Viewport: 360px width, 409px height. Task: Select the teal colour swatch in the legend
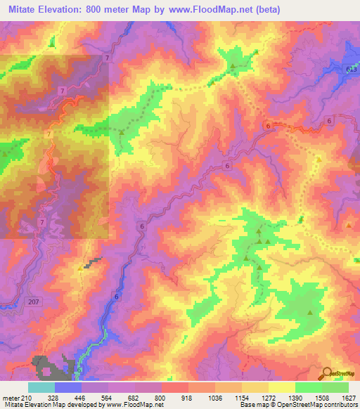(x=41, y=387)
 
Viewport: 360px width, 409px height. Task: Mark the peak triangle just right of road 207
(x=79, y=268)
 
